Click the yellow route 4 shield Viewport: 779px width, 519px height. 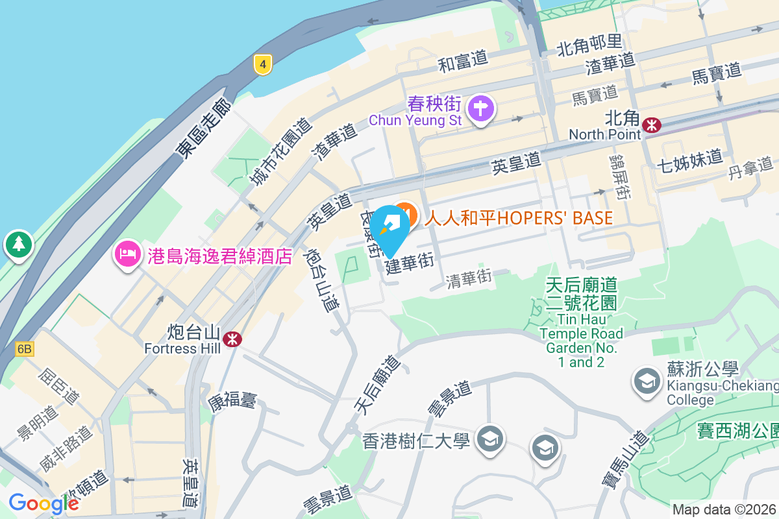tap(262, 64)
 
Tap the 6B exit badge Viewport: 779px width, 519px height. tap(24, 349)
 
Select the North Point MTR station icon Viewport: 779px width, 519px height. tap(651, 124)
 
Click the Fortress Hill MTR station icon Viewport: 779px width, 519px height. tap(232, 339)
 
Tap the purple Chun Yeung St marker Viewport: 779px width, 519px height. tap(481, 108)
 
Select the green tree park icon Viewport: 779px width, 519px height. tap(19, 245)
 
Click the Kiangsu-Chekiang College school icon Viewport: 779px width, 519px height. tap(647, 381)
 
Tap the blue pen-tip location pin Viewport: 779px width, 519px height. tap(389, 228)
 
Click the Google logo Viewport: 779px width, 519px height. tap(43, 503)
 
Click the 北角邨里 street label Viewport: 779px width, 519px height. tap(589, 43)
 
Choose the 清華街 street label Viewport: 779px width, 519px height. tap(468, 279)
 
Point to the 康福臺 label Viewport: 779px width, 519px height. tap(232, 400)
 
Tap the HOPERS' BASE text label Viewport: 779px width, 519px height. tap(519, 218)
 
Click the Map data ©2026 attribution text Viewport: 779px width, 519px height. tap(724, 510)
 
